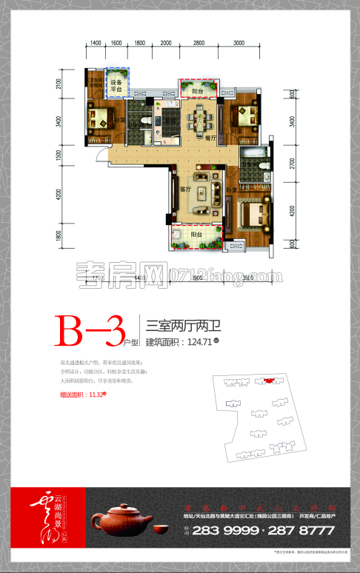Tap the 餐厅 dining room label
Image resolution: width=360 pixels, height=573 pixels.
click(x=210, y=138)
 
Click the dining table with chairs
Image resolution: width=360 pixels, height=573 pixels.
click(x=200, y=118)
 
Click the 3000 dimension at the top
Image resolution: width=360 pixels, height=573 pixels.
click(x=239, y=44)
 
